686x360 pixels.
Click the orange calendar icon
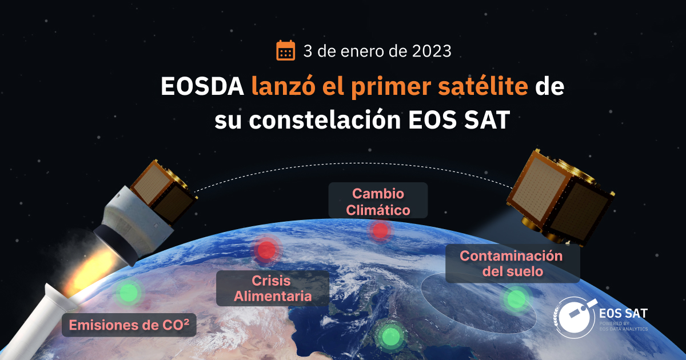[285, 51]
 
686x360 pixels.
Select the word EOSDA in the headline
[201, 87]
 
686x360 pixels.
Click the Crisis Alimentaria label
[273, 289]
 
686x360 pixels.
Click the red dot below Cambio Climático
[379, 231]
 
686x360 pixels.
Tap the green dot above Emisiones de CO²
[128, 293]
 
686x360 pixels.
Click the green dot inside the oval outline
[516, 298]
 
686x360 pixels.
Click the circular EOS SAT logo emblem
[574, 318]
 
